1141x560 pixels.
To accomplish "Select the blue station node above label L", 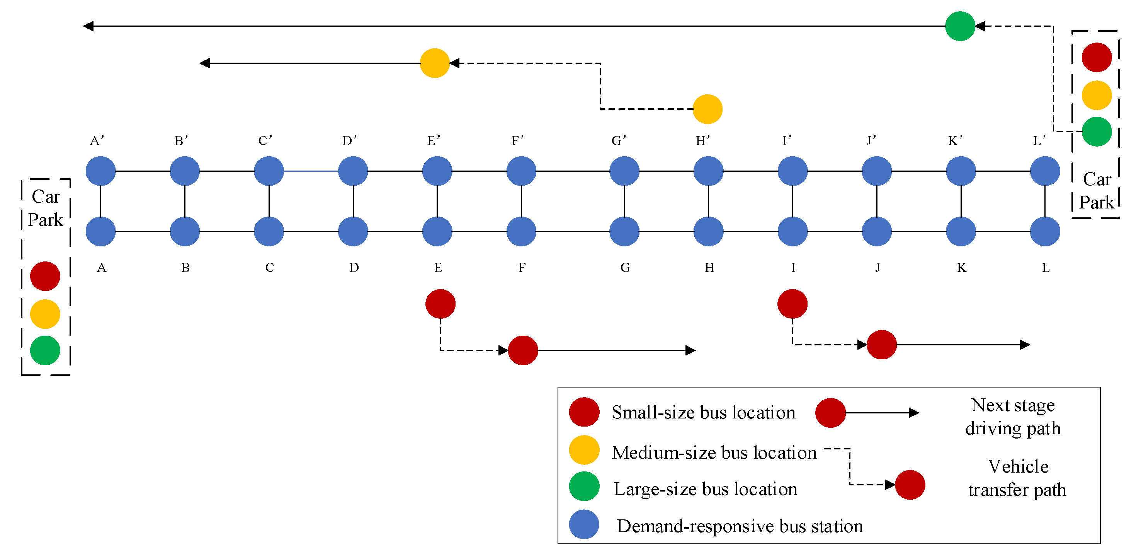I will tap(1045, 231).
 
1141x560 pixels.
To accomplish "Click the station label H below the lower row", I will tap(709, 268).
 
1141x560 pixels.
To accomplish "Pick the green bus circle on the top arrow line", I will tap(960, 26).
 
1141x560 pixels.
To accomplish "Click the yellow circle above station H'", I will tap(707, 109).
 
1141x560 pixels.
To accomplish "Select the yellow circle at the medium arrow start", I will tap(435, 63).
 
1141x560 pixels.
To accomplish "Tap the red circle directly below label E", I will tap(440, 304).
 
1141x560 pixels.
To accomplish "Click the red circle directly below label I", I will tap(792, 304).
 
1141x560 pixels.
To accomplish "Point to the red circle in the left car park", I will tap(45, 276).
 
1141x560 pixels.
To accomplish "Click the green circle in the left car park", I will tap(45, 350).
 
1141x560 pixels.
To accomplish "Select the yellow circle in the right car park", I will tap(1097, 95).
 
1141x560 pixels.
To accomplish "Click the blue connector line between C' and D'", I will tap(311, 171).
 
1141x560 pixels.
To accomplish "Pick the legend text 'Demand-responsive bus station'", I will tap(739, 526).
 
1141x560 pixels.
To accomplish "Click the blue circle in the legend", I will tap(584, 524).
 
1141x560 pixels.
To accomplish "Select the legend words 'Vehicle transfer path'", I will tap(1017, 478).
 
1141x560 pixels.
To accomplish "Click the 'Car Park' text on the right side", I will tap(1097, 191).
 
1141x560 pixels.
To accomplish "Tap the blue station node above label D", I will tap(353, 231).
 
